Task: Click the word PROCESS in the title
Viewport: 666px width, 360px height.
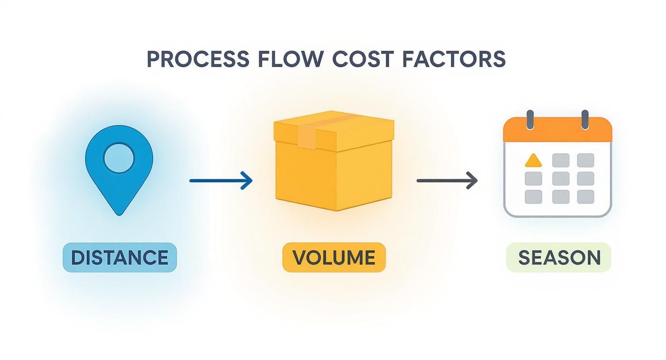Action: [x=197, y=59]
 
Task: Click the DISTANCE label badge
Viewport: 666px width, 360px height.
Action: [x=120, y=258]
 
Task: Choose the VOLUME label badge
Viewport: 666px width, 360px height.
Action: [x=333, y=258]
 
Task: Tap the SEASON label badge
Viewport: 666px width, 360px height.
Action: [x=559, y=258]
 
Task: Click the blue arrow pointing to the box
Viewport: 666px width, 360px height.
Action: [x=221, y=180]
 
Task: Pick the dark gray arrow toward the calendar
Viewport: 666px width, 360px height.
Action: [x=447, y=180]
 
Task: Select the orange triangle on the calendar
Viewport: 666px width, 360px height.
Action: [x=533, y=160]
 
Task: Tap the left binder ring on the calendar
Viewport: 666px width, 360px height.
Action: [x=530, y=119]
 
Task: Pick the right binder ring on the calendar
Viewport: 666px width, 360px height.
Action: [x=585, y=119]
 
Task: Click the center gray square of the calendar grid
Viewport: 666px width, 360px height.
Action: [x=560, y=179]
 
